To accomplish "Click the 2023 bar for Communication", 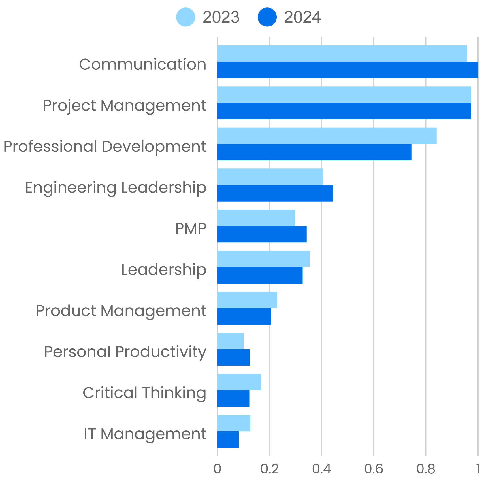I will (342, 54).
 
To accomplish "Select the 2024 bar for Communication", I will (347, 70).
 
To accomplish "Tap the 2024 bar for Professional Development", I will (314, 152).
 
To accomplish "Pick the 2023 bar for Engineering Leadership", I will (270, 177).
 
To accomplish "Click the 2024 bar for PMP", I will (262, 234).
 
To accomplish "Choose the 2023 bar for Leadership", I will (263, 259).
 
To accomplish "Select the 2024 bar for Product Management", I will (244, 316).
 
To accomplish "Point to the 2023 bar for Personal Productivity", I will (231, 341).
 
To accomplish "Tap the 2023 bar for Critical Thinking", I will (239, 382).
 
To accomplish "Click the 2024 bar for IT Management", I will (228, 439).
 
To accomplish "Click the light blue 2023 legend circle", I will (186, 17).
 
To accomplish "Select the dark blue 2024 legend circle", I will (267, 17).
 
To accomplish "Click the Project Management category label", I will (125, 106).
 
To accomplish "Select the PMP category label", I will (191, 229).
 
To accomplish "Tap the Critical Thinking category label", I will (144, 393).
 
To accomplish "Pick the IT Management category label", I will (145, 434).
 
